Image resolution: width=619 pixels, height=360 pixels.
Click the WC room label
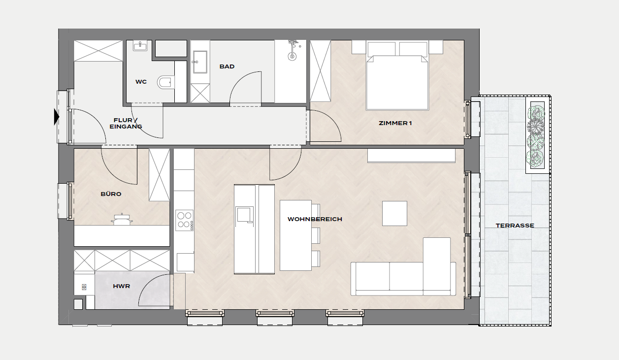[141, 82]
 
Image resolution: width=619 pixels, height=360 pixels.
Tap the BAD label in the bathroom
[227, 66]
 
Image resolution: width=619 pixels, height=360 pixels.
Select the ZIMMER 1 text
[395, 123]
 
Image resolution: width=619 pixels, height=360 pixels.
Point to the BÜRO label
[111, 194]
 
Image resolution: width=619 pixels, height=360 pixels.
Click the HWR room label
[121, 286]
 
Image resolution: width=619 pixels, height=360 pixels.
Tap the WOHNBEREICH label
[315, 219]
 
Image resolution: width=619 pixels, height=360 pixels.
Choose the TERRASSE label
[515, 226]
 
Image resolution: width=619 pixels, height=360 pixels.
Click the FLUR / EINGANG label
[126, 123]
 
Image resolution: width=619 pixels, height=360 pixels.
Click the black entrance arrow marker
[57, 117]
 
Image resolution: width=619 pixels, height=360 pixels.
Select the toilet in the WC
[166, 82]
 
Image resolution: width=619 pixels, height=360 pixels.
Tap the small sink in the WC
[140, 46]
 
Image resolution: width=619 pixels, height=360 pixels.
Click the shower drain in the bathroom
[292, 57]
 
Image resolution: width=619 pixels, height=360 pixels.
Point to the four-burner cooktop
[184, 220]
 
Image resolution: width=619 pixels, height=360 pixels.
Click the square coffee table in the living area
[394, 213]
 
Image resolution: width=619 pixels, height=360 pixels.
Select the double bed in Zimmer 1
[397, 76]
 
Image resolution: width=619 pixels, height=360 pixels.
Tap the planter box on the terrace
[537, 135]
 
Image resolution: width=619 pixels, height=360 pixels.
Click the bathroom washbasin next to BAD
[200, 62]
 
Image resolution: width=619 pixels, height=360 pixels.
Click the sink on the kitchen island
[244, 214]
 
